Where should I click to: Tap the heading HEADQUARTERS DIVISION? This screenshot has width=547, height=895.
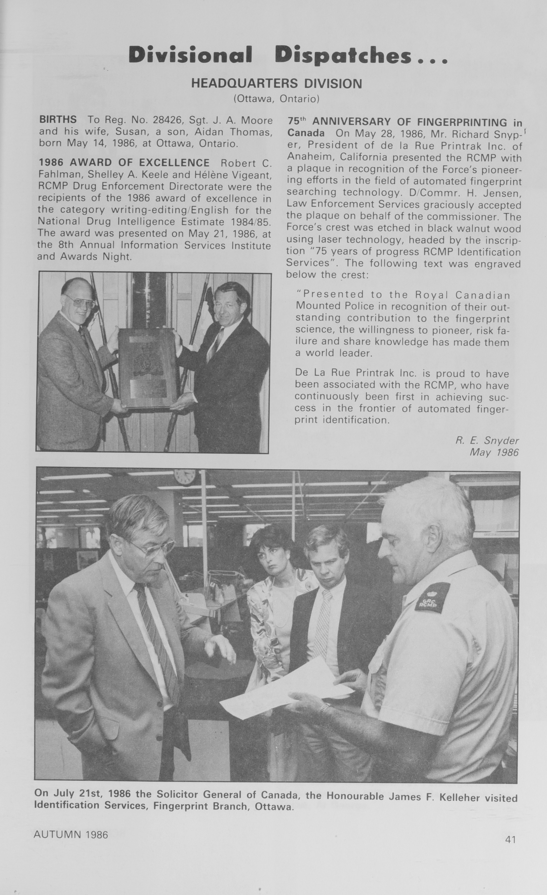(x=277, y=84)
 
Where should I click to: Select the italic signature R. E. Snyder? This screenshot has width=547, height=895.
(x=487, y=441)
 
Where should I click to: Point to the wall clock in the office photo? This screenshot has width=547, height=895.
(x=185, y=476)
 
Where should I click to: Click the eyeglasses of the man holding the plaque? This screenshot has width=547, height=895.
(x=80, y=301)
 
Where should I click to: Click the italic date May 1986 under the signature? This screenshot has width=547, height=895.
(x=494, y=452)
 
